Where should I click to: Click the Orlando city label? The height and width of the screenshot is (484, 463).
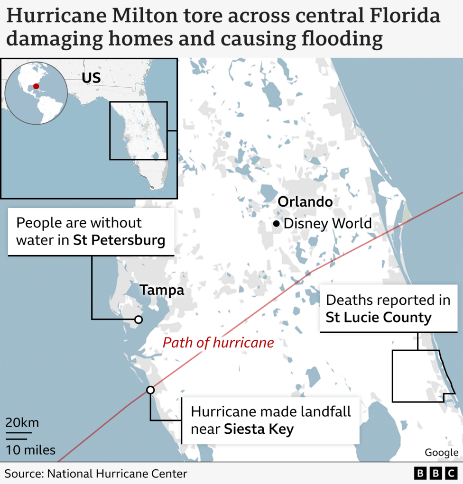tap(305, 202)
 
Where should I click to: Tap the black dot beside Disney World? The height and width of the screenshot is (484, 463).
tap(276, 224)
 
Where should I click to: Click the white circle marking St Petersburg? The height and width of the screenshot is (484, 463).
tap(138, 320)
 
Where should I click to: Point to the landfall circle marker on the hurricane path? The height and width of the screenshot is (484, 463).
tap(150, 390)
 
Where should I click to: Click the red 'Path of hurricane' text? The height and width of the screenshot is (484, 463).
tap(218, 343)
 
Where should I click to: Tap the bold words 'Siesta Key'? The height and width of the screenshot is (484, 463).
tap(259, 429)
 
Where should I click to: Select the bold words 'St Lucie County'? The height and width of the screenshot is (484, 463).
tap(378, 317)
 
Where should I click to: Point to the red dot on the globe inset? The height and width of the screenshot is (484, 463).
tap(36, 87)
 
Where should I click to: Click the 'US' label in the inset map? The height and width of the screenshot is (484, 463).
tap(91, 78)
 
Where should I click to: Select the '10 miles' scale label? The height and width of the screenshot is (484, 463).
tap(30, 450)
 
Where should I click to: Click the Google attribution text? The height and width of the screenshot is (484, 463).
tap(441, 453)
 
